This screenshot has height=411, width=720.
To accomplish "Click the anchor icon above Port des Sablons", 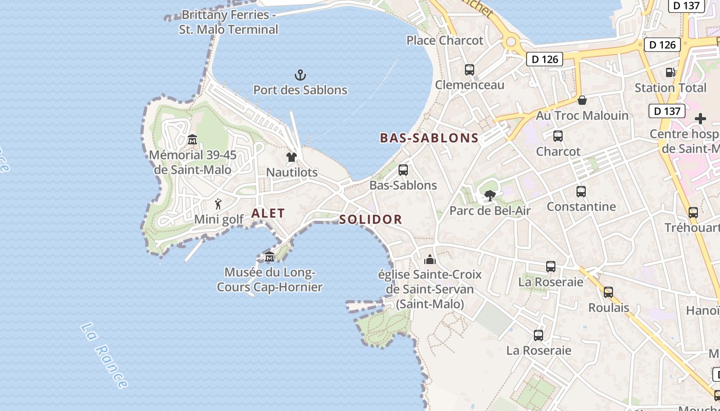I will [x=300, y=76].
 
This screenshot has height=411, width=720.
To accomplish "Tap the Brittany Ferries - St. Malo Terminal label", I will [x=229, y=22].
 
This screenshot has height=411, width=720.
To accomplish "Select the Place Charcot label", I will [x=445, y=40].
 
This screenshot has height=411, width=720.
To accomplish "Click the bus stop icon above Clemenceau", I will [x=469, y=70].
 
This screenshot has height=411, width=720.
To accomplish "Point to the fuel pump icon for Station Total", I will [x=670, y=72].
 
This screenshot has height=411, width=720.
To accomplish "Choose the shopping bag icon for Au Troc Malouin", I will [x=582, y=100].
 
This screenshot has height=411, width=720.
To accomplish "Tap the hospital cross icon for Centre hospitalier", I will [x=700, y=119].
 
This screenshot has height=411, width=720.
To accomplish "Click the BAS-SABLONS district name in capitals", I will [x=429, y=138].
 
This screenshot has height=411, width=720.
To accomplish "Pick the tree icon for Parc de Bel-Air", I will [x=490, y=195].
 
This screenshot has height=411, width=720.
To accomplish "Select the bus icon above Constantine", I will [x=581, y=192].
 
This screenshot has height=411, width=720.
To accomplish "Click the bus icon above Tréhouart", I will [x=693, y=212].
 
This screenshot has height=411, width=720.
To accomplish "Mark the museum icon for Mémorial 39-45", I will [x=192, y=139].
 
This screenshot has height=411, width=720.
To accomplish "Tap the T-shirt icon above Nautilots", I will [x=292, y=157].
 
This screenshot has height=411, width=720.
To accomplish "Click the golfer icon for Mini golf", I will [x=219, y=204].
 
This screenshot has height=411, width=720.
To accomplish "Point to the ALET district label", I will [x=268, y=213].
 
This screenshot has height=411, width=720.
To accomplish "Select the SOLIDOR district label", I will [x=370, y=219].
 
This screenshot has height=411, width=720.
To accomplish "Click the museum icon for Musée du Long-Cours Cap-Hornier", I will [x=269, y=257].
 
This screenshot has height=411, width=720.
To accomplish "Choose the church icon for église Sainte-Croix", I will [x=430, y=259].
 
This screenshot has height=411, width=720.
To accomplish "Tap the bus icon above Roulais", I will [x=608, y=292].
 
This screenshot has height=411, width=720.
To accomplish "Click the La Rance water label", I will [x=104, y=356].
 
